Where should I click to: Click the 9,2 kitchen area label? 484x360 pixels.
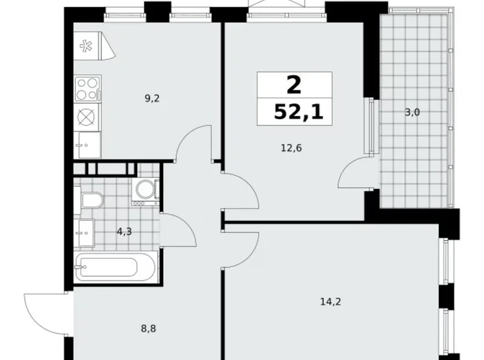tap(153, 97)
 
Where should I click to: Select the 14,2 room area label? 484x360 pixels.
tap(329, 302)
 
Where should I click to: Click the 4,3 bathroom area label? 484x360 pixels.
tap(124, 232)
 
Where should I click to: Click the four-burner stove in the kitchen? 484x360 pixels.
tap(87, 89)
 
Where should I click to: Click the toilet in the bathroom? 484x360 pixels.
tap(90, 200)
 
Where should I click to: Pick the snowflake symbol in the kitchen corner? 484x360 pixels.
tap(85, 45)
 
